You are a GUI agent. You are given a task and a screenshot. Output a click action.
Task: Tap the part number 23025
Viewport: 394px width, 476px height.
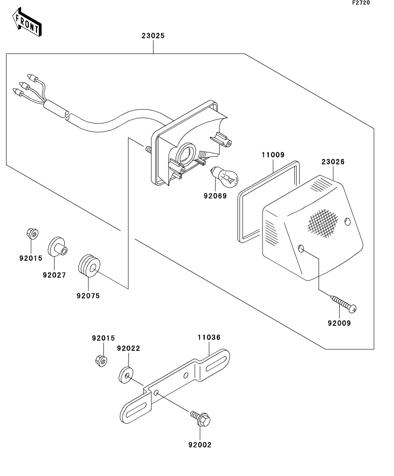tap(153, 36)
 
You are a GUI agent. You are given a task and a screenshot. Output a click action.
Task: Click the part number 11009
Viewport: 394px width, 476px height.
tap(273, 154)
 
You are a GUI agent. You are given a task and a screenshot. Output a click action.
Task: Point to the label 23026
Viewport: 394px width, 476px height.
tap(333, 162)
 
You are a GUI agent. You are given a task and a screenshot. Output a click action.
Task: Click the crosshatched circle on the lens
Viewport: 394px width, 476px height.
tap(323, 223)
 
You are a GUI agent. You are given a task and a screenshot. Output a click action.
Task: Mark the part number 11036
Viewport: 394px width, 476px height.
tap(209, 338)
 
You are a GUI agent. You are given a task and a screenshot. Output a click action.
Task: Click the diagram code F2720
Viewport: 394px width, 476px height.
tap(361, 3)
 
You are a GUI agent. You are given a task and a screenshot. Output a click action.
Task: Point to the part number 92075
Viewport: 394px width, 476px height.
tap(88, 296)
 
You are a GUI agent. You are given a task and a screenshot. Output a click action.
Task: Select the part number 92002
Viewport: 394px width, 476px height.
tap(200, 444)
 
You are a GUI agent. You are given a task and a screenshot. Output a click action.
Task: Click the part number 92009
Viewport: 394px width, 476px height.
tap(339, 322)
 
